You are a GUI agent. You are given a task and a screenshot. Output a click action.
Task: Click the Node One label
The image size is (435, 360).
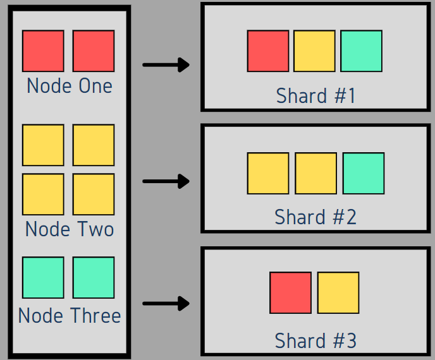point(70,86)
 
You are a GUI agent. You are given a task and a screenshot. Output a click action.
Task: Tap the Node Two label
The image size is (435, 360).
point(70,229)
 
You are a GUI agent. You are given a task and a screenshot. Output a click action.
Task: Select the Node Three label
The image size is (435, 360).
point(70,315)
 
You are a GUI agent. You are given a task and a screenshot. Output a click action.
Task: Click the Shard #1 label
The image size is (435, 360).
point(316,96)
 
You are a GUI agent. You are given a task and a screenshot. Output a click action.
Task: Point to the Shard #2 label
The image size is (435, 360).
point(316,217)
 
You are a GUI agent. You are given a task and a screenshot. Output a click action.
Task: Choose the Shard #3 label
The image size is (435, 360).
point(316,341)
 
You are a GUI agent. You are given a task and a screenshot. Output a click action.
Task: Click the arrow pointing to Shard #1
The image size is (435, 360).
point(166,64)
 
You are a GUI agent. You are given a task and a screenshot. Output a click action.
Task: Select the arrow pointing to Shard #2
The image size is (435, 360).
point(166,181)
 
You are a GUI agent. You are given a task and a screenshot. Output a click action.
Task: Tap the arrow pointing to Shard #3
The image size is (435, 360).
point(166,304)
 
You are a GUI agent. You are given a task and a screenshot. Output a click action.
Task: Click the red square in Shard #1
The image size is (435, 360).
point(268,51)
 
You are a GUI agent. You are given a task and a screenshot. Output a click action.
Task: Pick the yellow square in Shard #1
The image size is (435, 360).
point(314,51)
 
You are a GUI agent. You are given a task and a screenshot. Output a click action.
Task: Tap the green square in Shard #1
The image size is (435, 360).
point(361,51)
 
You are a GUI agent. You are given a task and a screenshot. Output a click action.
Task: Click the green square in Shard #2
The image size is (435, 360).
point(364,173)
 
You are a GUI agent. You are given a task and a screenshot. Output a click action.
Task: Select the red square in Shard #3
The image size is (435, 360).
point(291,292)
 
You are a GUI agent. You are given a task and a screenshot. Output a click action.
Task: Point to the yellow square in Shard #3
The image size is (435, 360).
point(338,292)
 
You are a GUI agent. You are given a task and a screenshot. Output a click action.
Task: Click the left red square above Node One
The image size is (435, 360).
point(43,51)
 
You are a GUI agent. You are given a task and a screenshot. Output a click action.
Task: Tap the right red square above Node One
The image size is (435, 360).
point(94,51)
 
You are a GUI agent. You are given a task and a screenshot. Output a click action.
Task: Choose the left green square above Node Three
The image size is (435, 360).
point(43,277)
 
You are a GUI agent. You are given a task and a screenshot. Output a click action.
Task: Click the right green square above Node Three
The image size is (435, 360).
point(94,277)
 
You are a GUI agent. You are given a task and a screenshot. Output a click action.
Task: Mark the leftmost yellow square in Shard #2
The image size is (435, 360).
point(268,173)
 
